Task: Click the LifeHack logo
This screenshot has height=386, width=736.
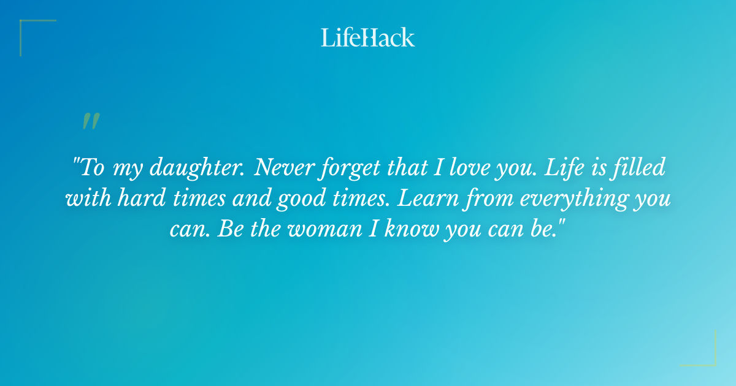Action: pos(368,37)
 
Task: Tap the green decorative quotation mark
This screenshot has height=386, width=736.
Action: pos(91,121)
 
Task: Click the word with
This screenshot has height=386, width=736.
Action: pos(86,199)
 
